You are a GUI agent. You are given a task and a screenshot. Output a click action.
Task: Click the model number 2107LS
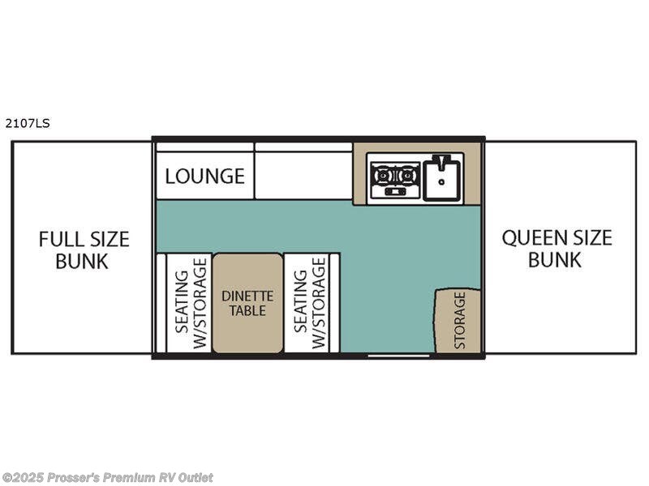tap(28, 123)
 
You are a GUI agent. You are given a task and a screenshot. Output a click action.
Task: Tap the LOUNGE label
tap(205, 176)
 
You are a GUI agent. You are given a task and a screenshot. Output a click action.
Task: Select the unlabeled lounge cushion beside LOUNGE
tap(303, 175)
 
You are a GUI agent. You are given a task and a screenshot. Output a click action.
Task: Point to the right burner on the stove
tap(408, 176)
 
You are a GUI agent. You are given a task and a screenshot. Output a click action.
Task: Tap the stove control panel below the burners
tap(395, 191)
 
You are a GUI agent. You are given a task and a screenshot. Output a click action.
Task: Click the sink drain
tap(441, 181)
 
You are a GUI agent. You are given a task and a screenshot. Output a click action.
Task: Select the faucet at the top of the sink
tap(441, 161)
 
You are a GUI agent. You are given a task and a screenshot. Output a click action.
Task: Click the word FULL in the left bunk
tap(62, 239)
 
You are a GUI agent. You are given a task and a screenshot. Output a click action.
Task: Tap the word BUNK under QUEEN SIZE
tap(555, 260)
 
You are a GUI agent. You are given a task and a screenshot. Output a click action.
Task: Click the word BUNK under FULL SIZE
tap(82, 261)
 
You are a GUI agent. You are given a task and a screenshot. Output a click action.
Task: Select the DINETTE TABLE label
tap(247, 303)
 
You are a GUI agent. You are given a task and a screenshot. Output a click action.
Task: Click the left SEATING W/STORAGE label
tap(191, 303)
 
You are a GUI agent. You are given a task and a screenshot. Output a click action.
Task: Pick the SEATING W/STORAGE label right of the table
tap(310, 303)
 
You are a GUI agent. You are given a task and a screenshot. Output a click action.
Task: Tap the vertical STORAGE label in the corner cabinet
tap(460, 320)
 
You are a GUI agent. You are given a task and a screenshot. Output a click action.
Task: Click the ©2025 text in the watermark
tap(23, 477)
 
